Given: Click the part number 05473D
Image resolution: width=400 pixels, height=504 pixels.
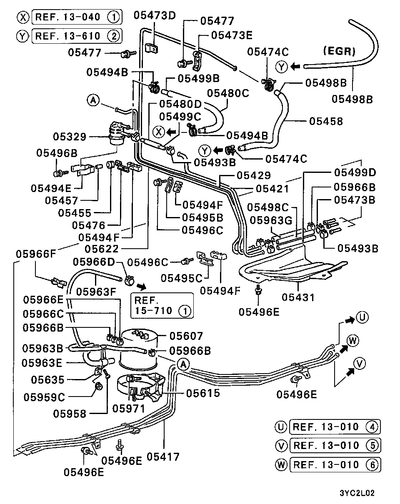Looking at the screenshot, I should (x=155, y=16).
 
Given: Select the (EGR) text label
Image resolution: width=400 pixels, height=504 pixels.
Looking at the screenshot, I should (x=339, y=51).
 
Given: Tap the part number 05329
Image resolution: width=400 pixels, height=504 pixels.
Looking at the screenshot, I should (x=70, y=137).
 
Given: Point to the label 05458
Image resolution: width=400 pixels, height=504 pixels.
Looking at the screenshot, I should (x=326, y=121).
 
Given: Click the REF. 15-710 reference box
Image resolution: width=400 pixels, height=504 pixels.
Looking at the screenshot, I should (x=162, y=305).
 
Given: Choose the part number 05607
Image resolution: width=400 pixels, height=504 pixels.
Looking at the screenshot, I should (x=186, y=336).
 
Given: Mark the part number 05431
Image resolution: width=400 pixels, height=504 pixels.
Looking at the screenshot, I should (x=299, y=297).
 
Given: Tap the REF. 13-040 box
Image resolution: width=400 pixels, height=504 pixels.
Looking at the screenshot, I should (x=77, y=17).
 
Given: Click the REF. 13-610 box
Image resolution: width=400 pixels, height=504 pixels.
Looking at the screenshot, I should (x=77, y=36).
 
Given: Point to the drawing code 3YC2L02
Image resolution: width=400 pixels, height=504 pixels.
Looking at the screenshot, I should (x=357, y=493).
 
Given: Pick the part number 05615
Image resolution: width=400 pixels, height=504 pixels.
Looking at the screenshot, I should (x=203, y=393).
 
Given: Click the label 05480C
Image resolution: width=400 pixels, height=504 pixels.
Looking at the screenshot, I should (x=228, y=93).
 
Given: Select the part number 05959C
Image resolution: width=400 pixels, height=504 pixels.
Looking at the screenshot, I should (x=44, y=397).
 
